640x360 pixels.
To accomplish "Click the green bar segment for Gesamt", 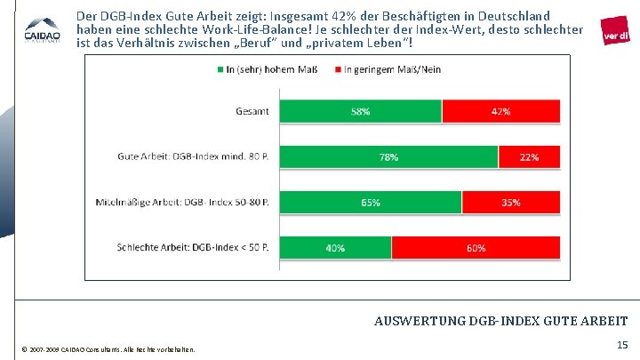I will click(364, 111).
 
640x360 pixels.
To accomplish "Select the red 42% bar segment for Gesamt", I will click(500, 111).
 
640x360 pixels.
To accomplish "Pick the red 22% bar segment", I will click(529, 157).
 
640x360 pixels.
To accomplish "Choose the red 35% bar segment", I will click(511, 203).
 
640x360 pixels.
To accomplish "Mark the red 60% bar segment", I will click(476, 248).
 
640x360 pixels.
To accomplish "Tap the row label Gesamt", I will click(252, 111).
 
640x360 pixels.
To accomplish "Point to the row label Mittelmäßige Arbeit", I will click(187, 203).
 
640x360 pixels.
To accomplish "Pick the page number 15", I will click(620, 344).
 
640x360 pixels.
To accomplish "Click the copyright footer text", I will click(111, 348).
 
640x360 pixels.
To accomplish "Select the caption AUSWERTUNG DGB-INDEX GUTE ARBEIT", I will click(501, 321).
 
